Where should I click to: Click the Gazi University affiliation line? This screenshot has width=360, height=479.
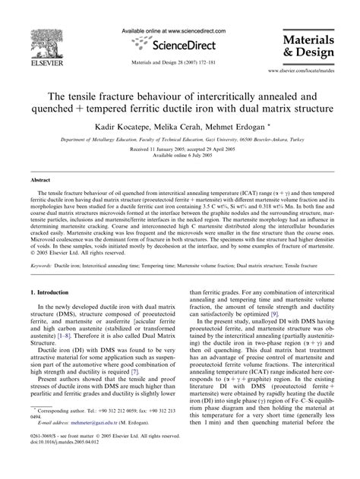(x=179, y=143)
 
